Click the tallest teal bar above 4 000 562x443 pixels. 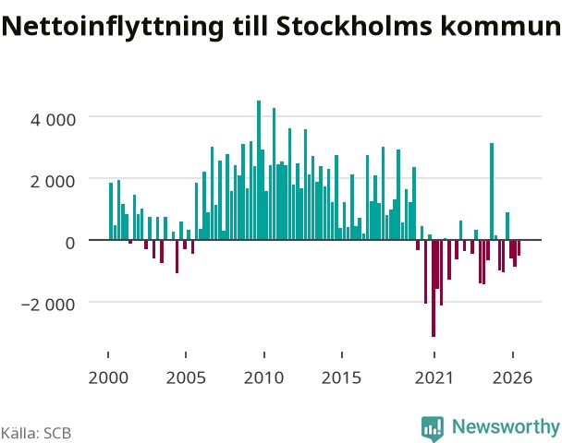coord(259,170)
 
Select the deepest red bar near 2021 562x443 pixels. coord(434,289)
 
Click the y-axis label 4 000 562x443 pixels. coord(54,119)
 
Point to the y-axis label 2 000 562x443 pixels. coord(54,182)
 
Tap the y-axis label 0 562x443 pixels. coord(70,243)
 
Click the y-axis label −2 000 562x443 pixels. coord(49,305)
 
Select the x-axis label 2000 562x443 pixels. coord(108,377)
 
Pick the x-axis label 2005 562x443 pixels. coord(186,377)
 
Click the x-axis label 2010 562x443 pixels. coord(263,377)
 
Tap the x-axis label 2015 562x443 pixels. coord(342,377)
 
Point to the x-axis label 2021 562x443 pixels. coord(434,377)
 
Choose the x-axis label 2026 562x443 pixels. coord(512,377)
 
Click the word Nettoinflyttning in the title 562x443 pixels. coord(114,27)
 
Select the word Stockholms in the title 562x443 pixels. coord(354,26)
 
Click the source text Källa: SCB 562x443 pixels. coord(36,433)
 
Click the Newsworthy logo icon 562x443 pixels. coord(433,428)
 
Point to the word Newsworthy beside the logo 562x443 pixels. coord(506,426)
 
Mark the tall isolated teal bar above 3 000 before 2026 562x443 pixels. coord(492,191)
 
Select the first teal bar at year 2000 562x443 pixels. coord(111,211)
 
